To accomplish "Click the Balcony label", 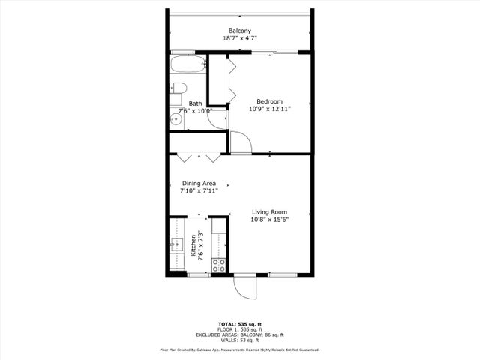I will click(239, 31).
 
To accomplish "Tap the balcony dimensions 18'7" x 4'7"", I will click(239, 38).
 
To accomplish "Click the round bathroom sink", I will click(176, 118).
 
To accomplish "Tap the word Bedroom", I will click(269, 101).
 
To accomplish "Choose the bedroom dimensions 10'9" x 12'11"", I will click(269, 109).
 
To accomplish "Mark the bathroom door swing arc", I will click(220, 121).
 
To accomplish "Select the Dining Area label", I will click(199, 184).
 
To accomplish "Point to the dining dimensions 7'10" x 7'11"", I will click(199, 191).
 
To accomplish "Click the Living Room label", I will click(269, 211).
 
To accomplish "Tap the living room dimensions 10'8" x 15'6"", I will click(269, 219).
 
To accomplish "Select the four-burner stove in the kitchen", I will click(220, 265).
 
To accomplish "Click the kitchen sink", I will click(177, 243).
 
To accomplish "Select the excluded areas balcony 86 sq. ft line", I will click(239, 334).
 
